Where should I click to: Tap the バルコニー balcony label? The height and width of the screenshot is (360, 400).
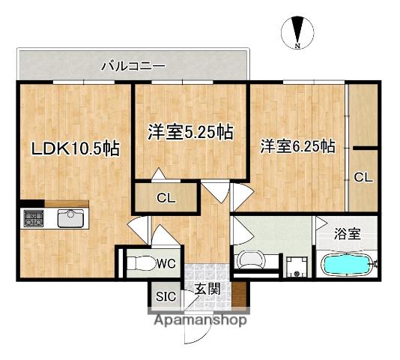[133, 67]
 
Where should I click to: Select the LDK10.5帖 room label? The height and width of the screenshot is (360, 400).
[75, 148]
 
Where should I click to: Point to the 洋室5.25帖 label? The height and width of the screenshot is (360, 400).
[190, 132]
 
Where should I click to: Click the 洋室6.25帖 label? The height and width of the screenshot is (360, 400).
[297, 147]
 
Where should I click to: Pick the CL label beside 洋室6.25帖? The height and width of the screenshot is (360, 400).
[363, 177]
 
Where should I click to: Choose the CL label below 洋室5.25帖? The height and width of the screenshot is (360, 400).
[166, 198]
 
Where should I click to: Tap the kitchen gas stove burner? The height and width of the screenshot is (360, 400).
[34, 218]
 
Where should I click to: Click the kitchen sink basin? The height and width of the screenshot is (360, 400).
[70, 218]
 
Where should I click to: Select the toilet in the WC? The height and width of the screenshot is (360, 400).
[140, 263]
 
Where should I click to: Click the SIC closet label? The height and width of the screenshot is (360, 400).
[166, 297]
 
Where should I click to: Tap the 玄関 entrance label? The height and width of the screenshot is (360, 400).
[207, 289]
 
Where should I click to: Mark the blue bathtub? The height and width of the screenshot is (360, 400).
[347, 265]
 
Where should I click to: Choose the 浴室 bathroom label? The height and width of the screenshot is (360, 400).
[348, 234]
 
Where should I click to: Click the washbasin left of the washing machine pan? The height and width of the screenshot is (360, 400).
[250, 259]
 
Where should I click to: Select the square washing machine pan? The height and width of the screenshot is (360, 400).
[296, 267]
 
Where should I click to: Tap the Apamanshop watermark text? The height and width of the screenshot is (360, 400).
[200, 319]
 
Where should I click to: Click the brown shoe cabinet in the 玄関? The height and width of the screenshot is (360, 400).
[239, 294]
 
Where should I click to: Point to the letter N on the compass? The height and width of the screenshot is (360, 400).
[297, 46]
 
